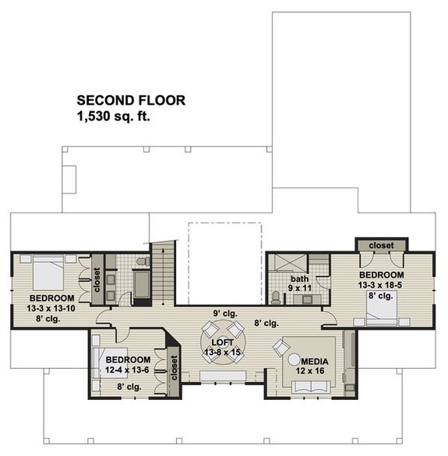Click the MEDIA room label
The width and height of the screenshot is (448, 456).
click(313, 363)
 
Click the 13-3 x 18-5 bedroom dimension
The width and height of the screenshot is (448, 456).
click(381, 286)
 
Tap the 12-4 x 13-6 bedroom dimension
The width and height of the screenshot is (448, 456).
click(127, 370)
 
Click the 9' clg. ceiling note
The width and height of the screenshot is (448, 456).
click(224, 314)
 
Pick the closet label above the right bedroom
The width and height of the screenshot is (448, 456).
click(382, 246)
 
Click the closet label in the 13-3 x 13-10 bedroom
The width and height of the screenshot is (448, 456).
click(97, 280)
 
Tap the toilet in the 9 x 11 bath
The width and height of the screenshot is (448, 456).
click(277, 296)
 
